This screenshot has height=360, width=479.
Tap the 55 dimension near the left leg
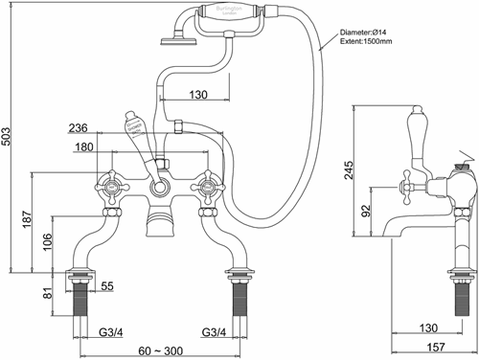(106, 286)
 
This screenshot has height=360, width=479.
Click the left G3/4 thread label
(113, 332)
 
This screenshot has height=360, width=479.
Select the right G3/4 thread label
(215, 332)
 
